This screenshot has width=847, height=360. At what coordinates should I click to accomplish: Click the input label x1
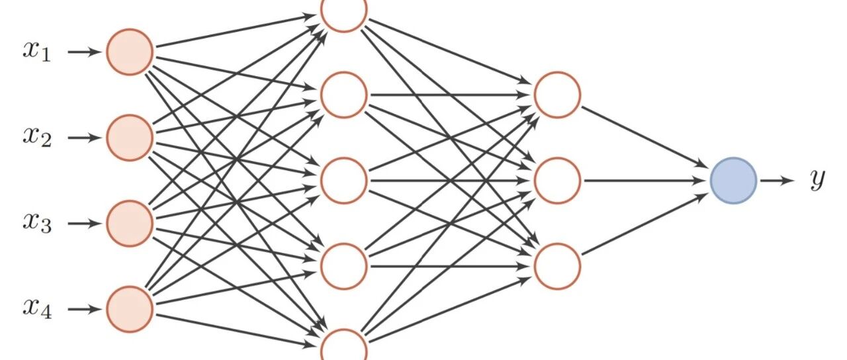point(37,52)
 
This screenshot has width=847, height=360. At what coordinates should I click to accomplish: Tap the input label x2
point(37,137)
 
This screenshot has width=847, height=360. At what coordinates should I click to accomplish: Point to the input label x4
point(37,308)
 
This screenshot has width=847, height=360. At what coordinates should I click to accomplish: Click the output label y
point(818,179)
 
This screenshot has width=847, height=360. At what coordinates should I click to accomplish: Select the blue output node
point(733,180)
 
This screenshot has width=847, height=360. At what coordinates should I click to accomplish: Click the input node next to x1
point(130,52)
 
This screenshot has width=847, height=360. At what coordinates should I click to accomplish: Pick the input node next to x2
point(130,137)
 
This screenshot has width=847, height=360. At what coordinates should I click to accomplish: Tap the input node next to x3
point(130,223)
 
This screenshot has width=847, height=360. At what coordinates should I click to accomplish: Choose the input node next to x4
point(130,308)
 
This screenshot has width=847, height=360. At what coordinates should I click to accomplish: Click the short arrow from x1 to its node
point(84,52)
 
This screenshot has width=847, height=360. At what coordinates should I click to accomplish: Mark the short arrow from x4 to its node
point(84,308)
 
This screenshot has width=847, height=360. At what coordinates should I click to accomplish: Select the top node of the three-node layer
point(557,95)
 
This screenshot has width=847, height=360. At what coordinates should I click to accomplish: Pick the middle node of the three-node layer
point(557,180)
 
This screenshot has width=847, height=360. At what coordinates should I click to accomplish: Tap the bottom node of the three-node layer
point(557,265)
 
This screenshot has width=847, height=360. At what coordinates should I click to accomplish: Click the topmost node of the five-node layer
point(343,12)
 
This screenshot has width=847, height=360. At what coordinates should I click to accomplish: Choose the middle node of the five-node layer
point(343,180)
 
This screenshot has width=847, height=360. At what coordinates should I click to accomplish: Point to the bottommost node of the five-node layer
point(343,347)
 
